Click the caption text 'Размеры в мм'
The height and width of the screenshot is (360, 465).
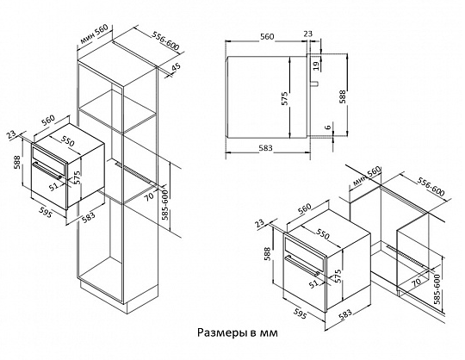[x=238, y=332]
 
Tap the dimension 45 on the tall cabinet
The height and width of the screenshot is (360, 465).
[x=176, y=67]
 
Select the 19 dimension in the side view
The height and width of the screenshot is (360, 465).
[x=316, y=65]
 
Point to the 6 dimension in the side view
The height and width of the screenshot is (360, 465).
[x=328, y=127]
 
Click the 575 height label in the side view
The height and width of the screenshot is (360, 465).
[x=284, y=98]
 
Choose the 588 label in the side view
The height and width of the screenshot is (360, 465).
[x=342, y=96]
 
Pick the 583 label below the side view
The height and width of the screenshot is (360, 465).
[x=265, y=147]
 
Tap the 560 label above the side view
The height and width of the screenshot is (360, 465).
[x=267, y=36]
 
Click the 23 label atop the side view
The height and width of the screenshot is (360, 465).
[x=308, y=34]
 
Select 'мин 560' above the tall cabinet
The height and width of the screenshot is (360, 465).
[x=94, y=34]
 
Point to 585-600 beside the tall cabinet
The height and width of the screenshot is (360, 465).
[x=164, y=205]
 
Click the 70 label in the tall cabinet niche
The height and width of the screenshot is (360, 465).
[x=150, y=196]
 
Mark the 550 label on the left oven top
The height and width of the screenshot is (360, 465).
[x=68, y=141]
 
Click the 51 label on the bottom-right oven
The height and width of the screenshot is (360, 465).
[x=313, y=284]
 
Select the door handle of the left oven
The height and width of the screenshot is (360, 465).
[x=47, y=171]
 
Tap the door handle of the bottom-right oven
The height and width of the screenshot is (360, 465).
[x=302, y=265]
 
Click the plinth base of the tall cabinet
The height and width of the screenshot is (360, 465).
[x=119, y=297]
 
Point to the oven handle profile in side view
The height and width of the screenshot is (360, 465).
[x=314, y=84]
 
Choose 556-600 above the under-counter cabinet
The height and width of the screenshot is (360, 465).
[x=431, y=187]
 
